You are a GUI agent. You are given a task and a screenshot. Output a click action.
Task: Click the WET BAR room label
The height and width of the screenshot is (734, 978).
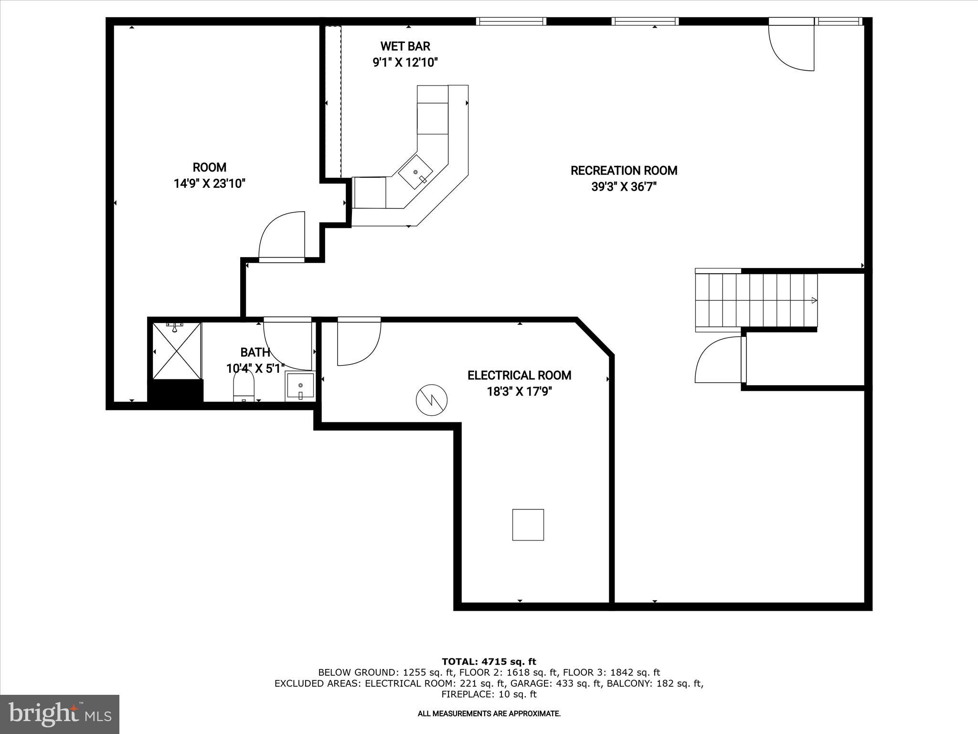(x=405, y=46)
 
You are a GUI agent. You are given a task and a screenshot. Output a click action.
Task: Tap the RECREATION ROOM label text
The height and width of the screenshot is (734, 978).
(x=624, y=171)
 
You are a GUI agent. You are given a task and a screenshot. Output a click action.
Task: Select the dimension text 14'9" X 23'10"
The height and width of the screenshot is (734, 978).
(x=210, y=183)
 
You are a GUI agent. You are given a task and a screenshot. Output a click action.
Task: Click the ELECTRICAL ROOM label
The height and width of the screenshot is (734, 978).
(x=519, y=376)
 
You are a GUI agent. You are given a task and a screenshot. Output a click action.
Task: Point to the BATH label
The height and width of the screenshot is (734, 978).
(x=255, y=353)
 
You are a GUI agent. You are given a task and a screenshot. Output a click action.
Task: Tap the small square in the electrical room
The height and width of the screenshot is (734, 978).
(x=528, y=525)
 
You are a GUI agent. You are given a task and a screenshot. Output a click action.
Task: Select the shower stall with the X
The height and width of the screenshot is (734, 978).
(x=177, y=352)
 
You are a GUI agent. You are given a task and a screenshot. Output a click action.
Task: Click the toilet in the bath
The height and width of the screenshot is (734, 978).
(x=244, y=386)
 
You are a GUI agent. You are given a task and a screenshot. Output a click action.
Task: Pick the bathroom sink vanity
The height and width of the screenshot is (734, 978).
(x=300, y=387)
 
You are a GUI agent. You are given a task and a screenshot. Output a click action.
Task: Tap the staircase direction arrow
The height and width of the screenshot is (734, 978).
(x=813, y=301)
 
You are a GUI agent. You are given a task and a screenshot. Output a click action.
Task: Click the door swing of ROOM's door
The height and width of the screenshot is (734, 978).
(x=282, y=237)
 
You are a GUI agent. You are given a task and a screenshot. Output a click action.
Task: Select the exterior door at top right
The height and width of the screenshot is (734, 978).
(x=791, y=45)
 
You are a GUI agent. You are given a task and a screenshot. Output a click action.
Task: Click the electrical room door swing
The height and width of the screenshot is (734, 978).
(x=358, y=342)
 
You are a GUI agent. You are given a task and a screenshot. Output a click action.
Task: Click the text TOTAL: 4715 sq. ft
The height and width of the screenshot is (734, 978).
(x=489, y=662)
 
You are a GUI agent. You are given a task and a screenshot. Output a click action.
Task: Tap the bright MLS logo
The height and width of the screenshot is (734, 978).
(x=60, y=714)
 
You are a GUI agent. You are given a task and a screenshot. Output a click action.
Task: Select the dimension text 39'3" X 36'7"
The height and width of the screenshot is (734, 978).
(x=624, y=187)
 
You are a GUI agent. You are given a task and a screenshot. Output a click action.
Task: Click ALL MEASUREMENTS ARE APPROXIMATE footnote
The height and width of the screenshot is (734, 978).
(x=489, y=714)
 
